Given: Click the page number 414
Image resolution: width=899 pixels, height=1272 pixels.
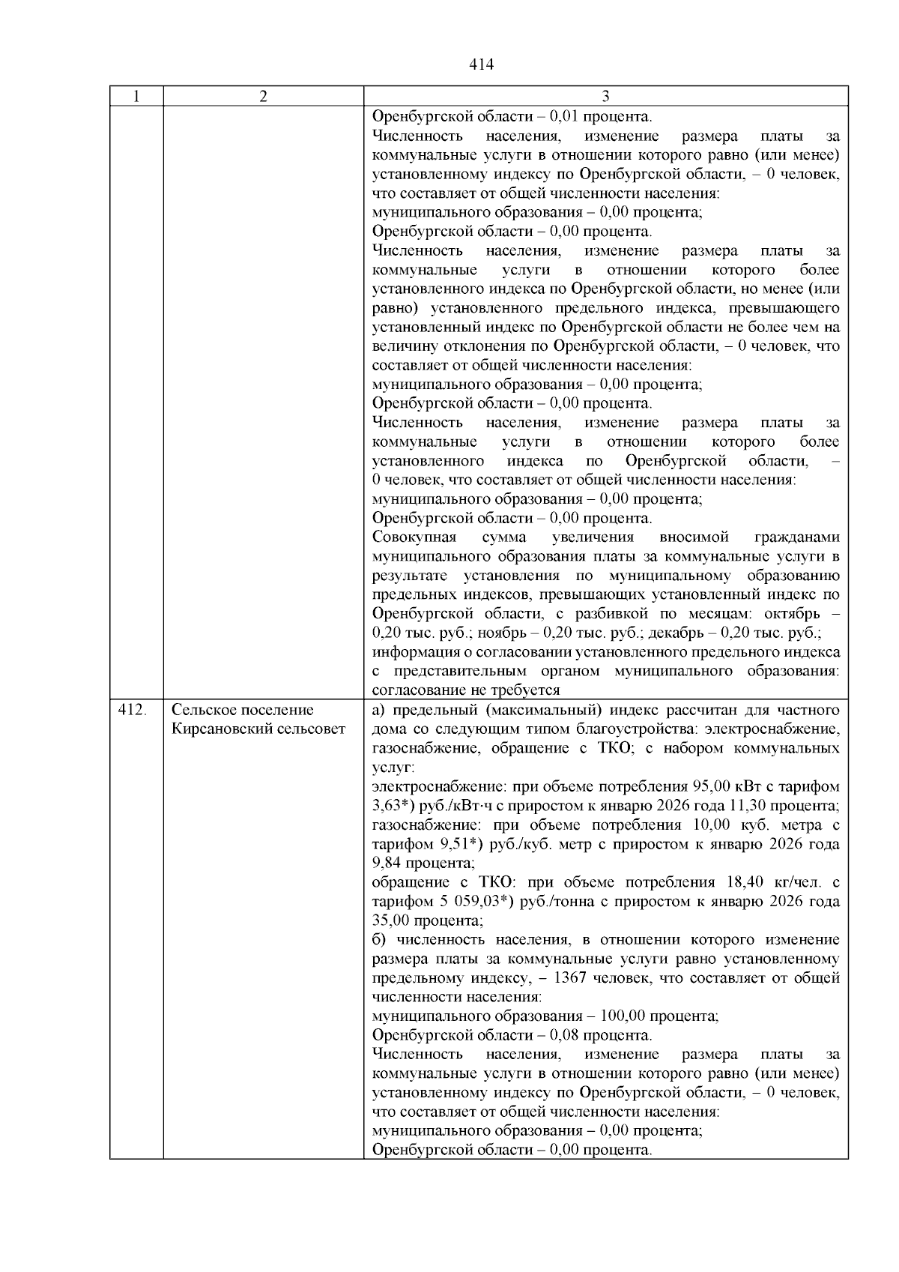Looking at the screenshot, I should click(x=481, y=65).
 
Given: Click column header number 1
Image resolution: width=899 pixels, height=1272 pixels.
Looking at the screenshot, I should click(x=136, y=97).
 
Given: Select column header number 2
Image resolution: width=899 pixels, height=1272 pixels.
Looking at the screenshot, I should click(x=263, y=97).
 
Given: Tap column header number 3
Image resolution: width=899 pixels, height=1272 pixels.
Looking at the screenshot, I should click(x=605, y=97).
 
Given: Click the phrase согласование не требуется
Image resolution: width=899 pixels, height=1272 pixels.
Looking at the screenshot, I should click(x=466, y=690).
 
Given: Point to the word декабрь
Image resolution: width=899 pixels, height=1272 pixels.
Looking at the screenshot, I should click(x=679, y=633).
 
